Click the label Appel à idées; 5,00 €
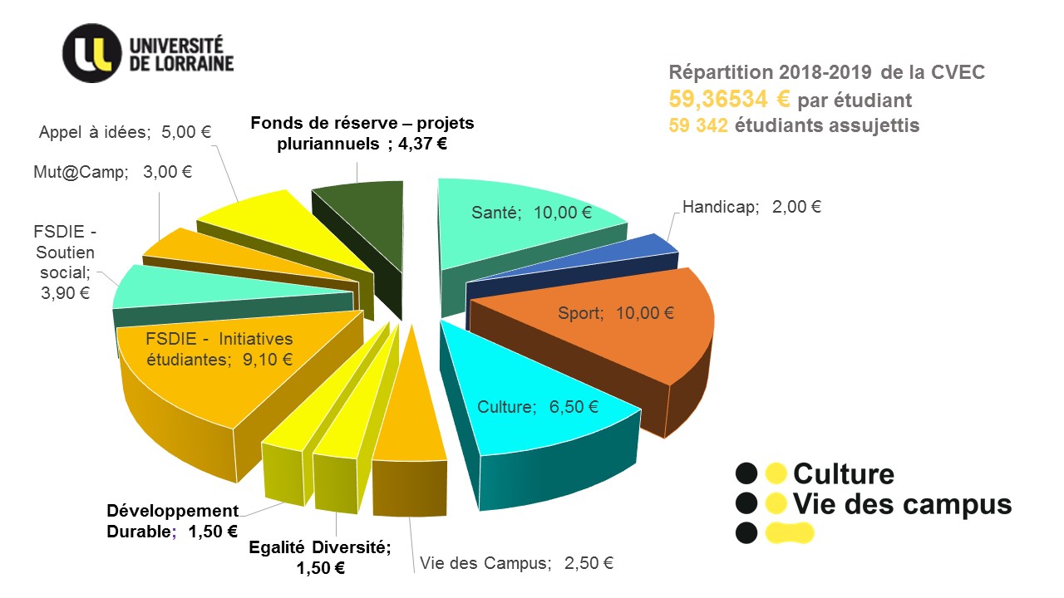[x=125, y=131]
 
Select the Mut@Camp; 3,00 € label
[x=113, y=172]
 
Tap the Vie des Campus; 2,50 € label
[x=516, y=563]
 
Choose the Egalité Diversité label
[x=320, y=557]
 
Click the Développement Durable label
[x=173, y=521]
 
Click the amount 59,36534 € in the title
[x=729, y=100]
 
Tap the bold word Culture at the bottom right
[x=844, y=474]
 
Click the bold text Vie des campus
[x=903, y=504]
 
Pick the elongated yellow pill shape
[x=789, y=533]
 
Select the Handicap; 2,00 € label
[x=751, y=207]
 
